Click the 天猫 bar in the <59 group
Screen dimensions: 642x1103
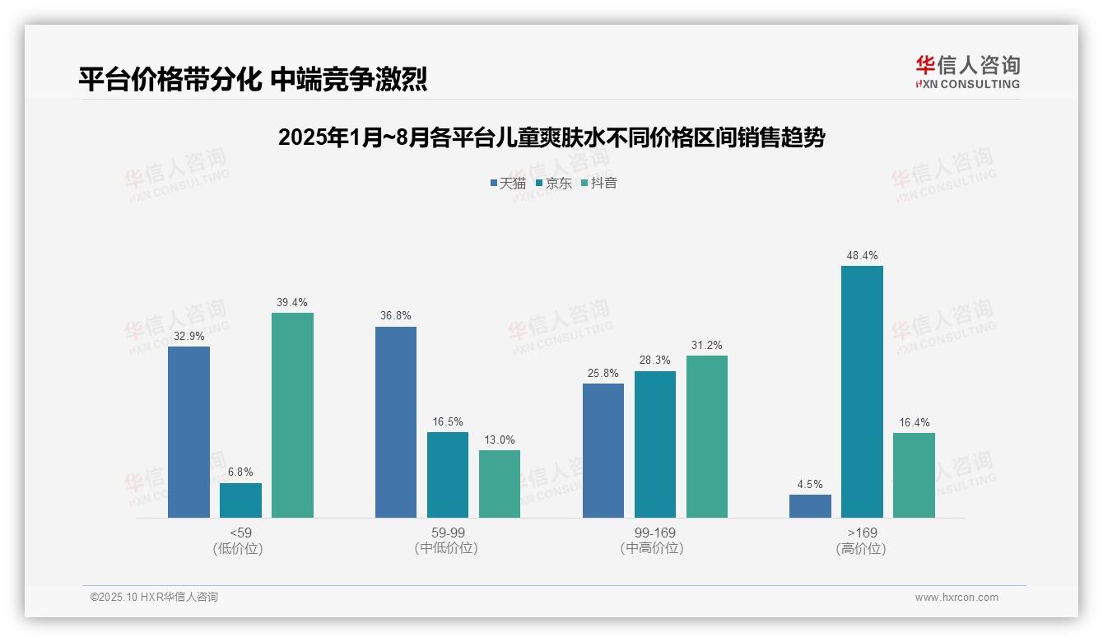point(188,432)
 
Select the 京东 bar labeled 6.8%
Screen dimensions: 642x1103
point(240,500)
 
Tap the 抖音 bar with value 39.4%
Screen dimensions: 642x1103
point(292,415)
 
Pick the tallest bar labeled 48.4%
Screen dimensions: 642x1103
point(862,392)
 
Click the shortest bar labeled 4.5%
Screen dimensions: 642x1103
point(810,506)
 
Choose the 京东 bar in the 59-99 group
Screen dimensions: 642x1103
point(448,475)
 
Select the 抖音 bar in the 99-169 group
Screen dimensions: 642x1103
point(706,436)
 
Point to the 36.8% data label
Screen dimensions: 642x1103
point(396,316)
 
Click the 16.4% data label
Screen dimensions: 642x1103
point(914,423)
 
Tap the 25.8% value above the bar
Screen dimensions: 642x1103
point(603,373)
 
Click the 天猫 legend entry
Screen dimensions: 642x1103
point(508,184)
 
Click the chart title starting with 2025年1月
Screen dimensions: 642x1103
point(551,137)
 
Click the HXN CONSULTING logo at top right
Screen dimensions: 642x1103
point(967,72)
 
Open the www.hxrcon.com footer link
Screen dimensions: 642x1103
point(956,598)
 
